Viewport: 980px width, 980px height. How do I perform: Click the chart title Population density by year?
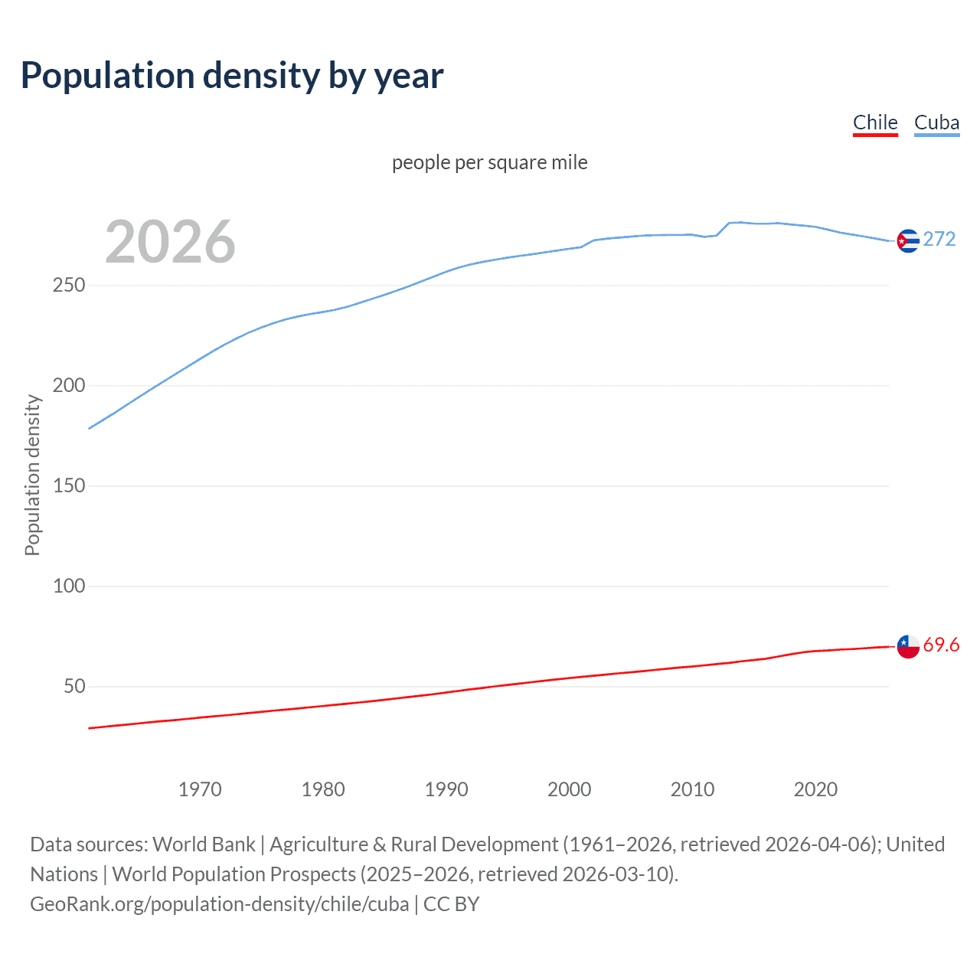[232, 76]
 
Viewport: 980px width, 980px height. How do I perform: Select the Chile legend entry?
[875, 122]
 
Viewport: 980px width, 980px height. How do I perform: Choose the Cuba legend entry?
[936, 122]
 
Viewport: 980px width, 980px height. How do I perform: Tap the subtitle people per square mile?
[490, 162]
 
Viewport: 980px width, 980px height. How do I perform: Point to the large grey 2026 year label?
[170, 242]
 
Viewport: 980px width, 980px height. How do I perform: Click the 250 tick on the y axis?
[69, 285]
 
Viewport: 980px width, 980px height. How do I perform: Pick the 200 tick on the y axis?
[69, 385]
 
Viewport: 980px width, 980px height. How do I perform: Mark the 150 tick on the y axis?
[69, 485]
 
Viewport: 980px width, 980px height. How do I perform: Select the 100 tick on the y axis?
[69, 586]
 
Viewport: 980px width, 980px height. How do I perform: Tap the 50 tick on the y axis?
[74, 686]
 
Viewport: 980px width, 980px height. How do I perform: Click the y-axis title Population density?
[32, 475]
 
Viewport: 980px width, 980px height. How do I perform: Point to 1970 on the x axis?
[200, 789]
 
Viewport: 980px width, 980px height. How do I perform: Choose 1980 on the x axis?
[323, 789]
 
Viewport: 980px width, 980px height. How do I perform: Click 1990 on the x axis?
[446, 789]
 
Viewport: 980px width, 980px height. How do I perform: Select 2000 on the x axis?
[569, 789]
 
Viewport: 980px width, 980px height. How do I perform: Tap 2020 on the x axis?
[815, 789]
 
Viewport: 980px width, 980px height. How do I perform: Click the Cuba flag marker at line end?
[908, 241]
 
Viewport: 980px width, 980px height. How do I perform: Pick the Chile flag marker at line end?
[908, 646]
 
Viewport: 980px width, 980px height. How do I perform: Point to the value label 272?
[939, 240]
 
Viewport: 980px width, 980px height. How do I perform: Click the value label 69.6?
[941, 645]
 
